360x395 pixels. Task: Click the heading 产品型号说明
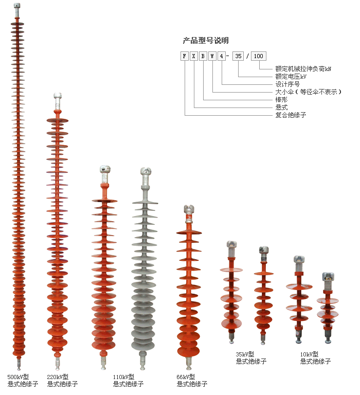pyautogui.click(x=206, y=41)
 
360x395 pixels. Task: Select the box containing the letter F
pyautogui.click(x=185, y=56)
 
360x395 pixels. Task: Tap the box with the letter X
pyautogui.click(x=194, y=56)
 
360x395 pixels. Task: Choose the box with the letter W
pyautogui.click(x=212, y=56)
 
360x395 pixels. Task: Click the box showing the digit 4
pyautogui.click(x=222, y=56)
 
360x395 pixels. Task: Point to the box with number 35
pyautogui.click(x=238, y=56)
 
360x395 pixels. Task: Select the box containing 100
pyautogui.click(x=258, y=56)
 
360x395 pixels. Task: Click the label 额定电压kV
pyautogui.click(x=291, y=76)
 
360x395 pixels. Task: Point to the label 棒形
pyautogui.click(x=281, y=99)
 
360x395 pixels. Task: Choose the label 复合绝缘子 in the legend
pyautogui.click(x=291, y=115)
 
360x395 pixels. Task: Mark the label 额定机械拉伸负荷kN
pyautogui.click(x=303, y=68)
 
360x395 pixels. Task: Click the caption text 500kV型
pyautogui.click(x=18, y=377)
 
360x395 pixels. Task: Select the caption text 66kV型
pyautogui.click(x=187, y=377)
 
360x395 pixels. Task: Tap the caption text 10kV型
pyautogui.click(x=310, y=354)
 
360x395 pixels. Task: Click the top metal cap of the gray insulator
pyautogui.click(x=146, y=172)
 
